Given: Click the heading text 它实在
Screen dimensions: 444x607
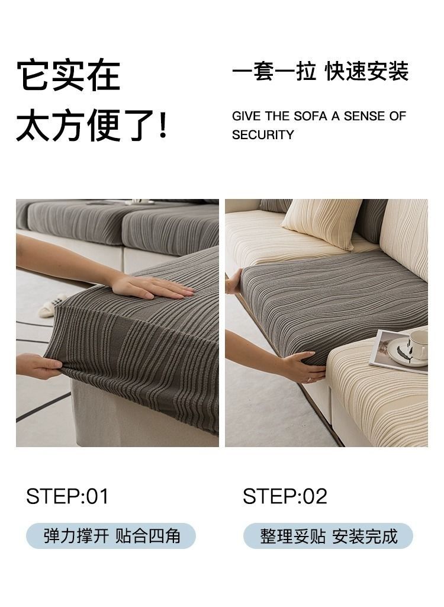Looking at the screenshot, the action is pos(69,75).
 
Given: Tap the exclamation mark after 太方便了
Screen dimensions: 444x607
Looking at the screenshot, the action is pos(163,124).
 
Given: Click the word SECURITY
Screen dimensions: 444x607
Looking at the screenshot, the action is pos(263,134).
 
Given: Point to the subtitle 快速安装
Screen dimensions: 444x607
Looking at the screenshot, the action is pos(366,71).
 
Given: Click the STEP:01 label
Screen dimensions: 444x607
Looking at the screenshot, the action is pos(67,496).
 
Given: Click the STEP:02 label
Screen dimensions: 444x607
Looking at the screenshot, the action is pos(285,496).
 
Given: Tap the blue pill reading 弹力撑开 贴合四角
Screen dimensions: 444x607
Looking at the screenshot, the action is pos(111,536).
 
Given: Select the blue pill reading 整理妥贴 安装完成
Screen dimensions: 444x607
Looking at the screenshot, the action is pos(328,536).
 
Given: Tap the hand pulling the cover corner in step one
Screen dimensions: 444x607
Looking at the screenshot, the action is pos(38,366).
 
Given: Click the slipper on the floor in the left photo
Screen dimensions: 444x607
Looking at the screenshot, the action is pos(53,306).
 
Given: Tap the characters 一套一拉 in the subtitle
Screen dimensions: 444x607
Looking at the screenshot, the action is pos(274,71).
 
